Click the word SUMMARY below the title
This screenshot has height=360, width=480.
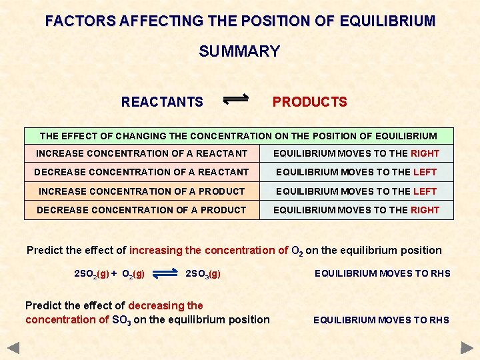click(239, 51)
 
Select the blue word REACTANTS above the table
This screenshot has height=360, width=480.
click(162, 102)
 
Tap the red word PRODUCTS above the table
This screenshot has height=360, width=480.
click(309, 102)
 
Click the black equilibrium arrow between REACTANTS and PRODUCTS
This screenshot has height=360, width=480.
click(235, 100)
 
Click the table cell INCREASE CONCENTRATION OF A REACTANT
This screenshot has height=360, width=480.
click(142, 153)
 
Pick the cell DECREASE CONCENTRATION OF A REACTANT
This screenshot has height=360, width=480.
click(141, 172)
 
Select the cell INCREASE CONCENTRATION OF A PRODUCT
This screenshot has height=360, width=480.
click(142, 191)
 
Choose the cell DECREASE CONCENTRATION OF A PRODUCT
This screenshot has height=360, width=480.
click(141, 210)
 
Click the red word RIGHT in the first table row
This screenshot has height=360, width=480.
click(425, 153)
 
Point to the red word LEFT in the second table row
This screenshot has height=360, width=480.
click(425, 172)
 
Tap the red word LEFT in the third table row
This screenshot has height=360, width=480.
click(425, 191)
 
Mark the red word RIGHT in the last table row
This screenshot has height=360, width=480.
click(425, 210)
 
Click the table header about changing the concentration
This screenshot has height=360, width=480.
click(239, 136)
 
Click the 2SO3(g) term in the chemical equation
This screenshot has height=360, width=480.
click(203, 273)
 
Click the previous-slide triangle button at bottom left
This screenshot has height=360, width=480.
click(13, 347)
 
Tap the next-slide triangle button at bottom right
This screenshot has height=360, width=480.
click(467, 347)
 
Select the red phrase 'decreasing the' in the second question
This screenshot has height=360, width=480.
click(165, 305)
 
